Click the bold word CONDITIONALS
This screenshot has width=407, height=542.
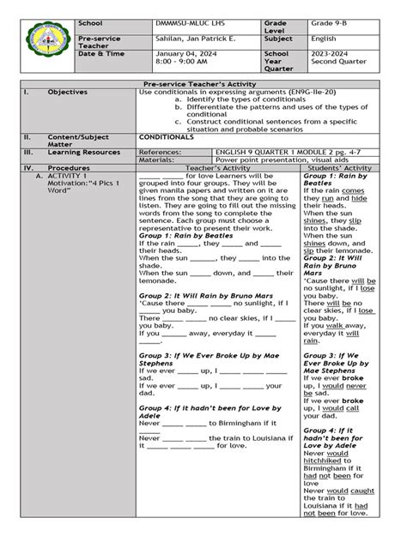pos(167,135)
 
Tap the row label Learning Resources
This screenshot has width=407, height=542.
pos(85,151)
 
